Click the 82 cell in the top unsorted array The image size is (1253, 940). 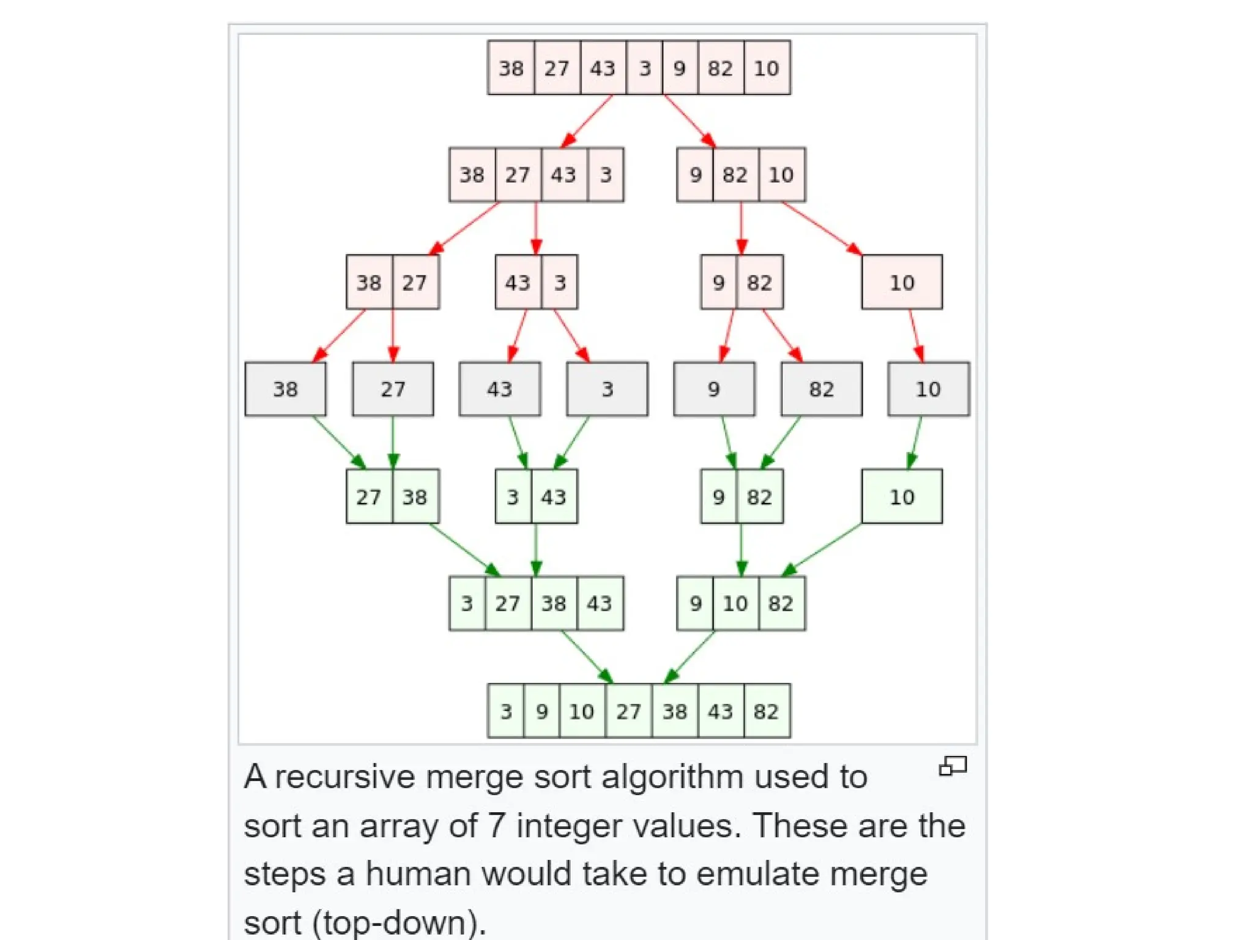point(720,68)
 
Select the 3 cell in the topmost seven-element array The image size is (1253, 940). point(644,68)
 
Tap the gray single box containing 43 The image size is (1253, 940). point(499,389)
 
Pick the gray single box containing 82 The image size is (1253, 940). point(821,389)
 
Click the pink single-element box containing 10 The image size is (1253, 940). point(901,282)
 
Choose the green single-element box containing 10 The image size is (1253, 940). point(901,496)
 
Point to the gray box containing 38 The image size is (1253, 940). point(285,389)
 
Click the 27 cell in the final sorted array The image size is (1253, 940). point(628,711)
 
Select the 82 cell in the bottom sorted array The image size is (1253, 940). point(766,711)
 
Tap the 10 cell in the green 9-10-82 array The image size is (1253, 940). point(735,603)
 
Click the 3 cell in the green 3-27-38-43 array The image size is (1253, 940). point(467,603)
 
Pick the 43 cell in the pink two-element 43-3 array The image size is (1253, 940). point(518,282)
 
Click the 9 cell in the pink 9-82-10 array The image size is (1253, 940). point(695,175)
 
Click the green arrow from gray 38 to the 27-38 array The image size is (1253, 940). point(339,442)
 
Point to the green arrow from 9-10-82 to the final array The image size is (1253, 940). point(690,657)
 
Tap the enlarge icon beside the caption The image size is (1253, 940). point(953,766)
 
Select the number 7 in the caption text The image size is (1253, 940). point(496,826)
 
